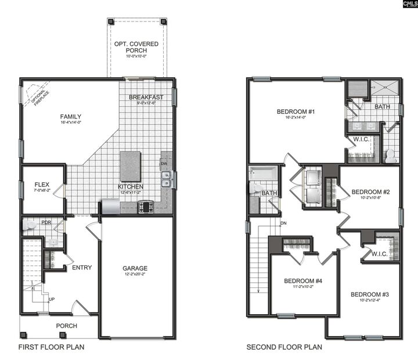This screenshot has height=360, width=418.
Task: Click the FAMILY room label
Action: tap(70, 116)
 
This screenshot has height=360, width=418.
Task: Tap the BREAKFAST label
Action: tap(146, 97)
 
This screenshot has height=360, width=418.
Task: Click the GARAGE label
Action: tap(135, 268)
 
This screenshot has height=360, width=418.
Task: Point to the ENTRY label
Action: tap(82, 268)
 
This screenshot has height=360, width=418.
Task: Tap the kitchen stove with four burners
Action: tap(145, 206)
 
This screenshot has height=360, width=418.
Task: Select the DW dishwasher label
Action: tap(164, 163)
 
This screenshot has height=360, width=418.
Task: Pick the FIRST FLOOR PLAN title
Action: tap(51, 347)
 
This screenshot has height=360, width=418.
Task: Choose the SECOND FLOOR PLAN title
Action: tap(284, 347)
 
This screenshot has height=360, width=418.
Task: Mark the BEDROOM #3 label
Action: tap(369, 294)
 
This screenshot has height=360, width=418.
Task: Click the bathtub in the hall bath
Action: tap(264, 172)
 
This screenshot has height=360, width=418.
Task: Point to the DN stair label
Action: tap(283, 223)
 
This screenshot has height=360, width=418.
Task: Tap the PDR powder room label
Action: tap(46, 221)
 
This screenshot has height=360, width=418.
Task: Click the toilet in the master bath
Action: tap(390, 155)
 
